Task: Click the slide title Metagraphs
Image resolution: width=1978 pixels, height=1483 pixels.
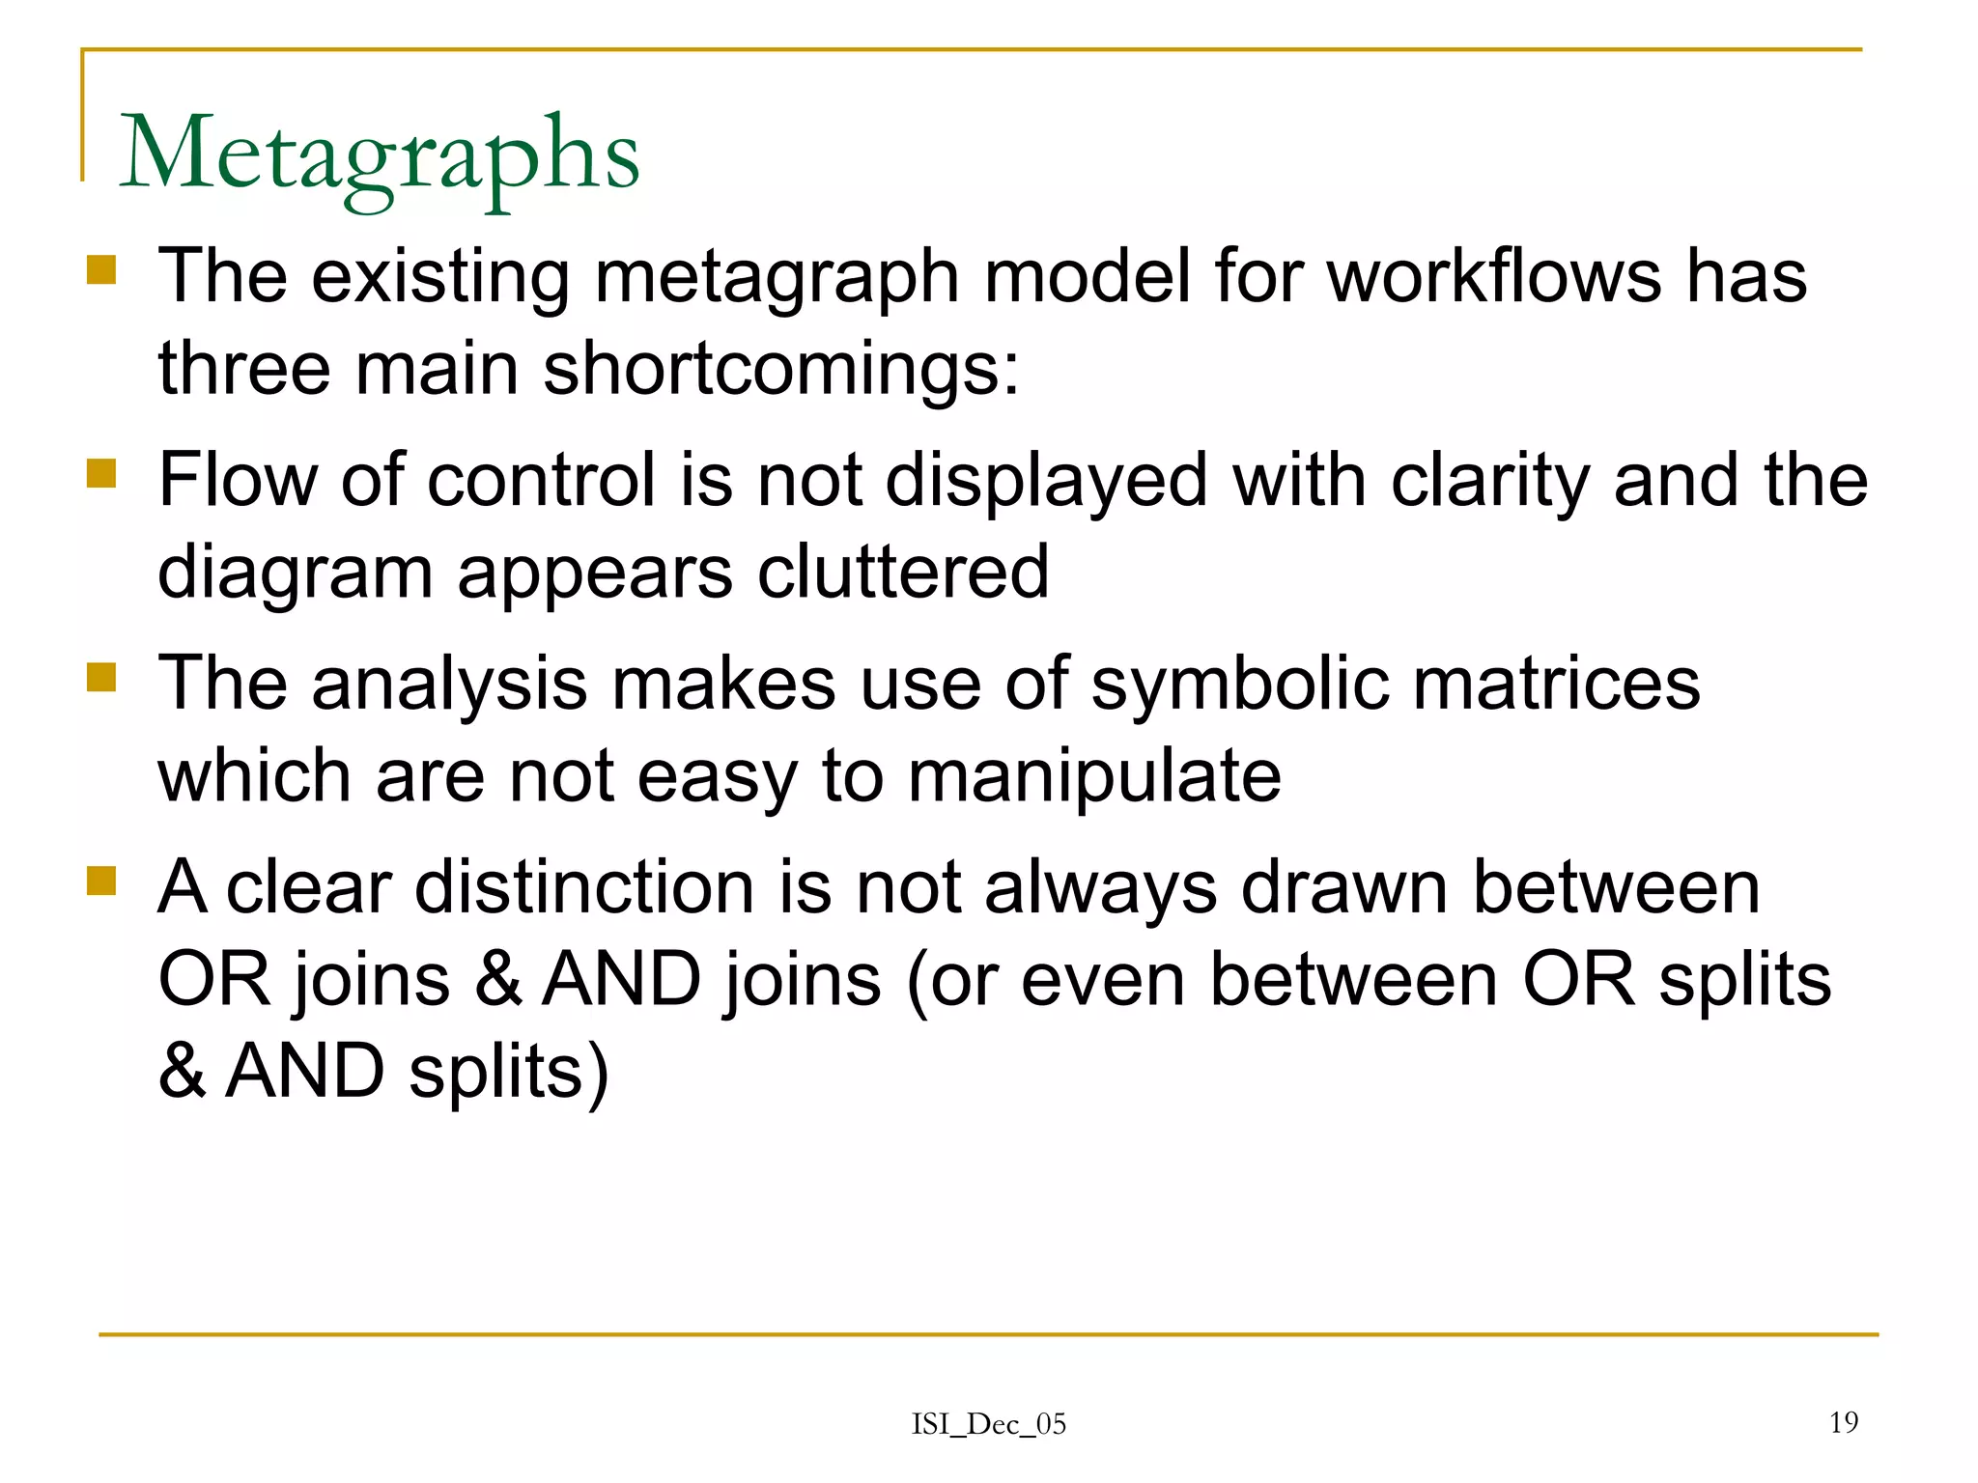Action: (379, 154)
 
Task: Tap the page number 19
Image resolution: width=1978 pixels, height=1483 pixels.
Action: (1843, 1422)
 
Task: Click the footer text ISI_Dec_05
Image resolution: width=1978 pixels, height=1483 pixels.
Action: (988, 1424)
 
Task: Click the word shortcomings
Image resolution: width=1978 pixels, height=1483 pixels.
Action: (780, 371)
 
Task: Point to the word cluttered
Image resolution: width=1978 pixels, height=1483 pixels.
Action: (902, 572)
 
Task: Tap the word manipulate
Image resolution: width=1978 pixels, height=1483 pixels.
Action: (1093, 777)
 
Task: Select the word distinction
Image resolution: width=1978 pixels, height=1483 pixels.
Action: (584, 887)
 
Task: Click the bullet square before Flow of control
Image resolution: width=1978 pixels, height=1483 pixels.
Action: (101, 473)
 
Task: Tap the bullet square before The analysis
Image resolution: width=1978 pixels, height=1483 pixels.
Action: (101, 677)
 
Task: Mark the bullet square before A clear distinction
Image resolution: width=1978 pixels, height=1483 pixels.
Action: (101, 881)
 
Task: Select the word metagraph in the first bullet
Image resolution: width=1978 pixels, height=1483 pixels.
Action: (777, 278)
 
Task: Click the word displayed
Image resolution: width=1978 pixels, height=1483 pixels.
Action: (1046, 481)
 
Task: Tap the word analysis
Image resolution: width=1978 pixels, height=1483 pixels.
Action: (449, 686)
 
